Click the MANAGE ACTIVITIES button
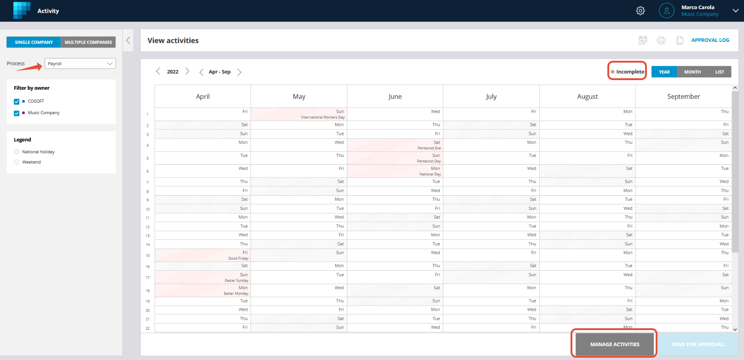614,344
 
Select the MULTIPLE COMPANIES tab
88,42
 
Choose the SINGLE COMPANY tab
34,42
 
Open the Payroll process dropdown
80,64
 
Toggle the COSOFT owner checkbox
17,101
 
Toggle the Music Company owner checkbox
17,113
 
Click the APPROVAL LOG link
710,40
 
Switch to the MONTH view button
692,72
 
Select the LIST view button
719,72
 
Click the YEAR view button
664,72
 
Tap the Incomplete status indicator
627,72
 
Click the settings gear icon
640,11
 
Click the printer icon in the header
661,41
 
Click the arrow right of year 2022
187,71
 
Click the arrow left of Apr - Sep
201,72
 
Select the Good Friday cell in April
202,255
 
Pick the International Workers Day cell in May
299,114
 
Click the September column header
683,97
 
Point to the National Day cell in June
395,171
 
